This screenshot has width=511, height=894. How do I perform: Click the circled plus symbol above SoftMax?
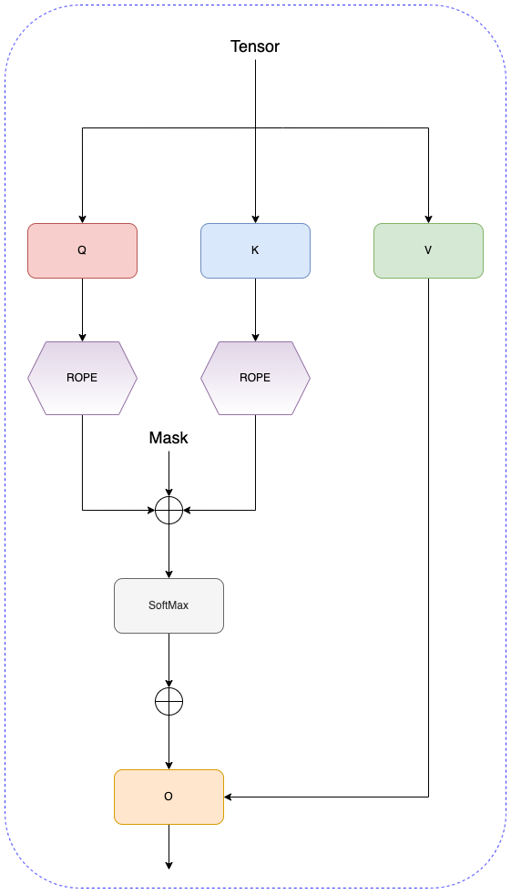pos(169,511)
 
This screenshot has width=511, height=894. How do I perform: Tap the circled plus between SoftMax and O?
pos(169,702)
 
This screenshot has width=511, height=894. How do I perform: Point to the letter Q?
pos(82,250)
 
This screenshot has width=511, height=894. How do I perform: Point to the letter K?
pos(255,250)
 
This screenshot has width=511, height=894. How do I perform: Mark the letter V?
pos(428,250)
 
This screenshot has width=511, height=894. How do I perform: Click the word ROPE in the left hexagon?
pos(82,378)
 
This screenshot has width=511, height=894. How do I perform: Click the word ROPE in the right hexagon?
pos(255,378)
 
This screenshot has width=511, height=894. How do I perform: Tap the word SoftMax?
pos(169,605)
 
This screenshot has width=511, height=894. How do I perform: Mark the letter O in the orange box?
pos(169,797)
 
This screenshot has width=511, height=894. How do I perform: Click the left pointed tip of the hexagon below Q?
pos(28,378)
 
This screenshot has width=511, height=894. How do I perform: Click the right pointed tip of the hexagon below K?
pos(310,378)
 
